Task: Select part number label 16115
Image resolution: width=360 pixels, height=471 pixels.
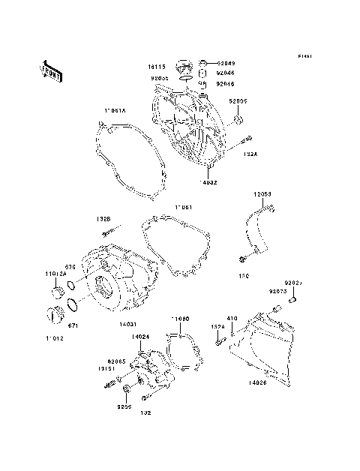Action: point(156,67)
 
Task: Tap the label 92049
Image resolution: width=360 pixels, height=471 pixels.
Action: point(226,63)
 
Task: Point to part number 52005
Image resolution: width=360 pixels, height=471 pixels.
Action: point(238,101)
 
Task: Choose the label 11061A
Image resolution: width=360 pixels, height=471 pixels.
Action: point(115,111)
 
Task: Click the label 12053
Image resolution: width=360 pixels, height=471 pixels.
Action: point(261,193)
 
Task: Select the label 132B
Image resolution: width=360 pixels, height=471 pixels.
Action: point(103,219)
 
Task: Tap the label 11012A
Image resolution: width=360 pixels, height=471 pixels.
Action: point(58,275)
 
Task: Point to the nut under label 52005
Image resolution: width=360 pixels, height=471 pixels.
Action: point(238,119)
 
